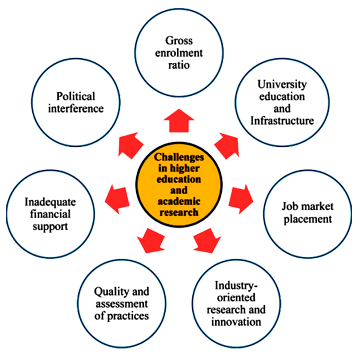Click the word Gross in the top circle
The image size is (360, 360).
pos(179,41)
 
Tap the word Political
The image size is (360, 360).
pos(76,96)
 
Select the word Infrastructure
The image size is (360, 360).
pos(282,120)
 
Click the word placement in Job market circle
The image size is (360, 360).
pos(308,220)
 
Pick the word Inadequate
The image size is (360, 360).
pos(51,202)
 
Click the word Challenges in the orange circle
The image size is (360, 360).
pos(179,157)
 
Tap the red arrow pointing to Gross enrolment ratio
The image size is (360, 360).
pos(179,121)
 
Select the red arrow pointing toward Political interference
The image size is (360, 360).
pos(130,145)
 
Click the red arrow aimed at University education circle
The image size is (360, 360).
pos(227,145)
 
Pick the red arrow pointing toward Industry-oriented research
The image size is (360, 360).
pos(207,240)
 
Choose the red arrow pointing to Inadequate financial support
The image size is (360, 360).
pos(117,200)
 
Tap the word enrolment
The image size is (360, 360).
pos(180,53)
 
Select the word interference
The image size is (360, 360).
pos(76,109)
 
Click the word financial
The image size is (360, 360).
pos(51,214)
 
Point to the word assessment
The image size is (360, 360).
pos(121,304)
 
